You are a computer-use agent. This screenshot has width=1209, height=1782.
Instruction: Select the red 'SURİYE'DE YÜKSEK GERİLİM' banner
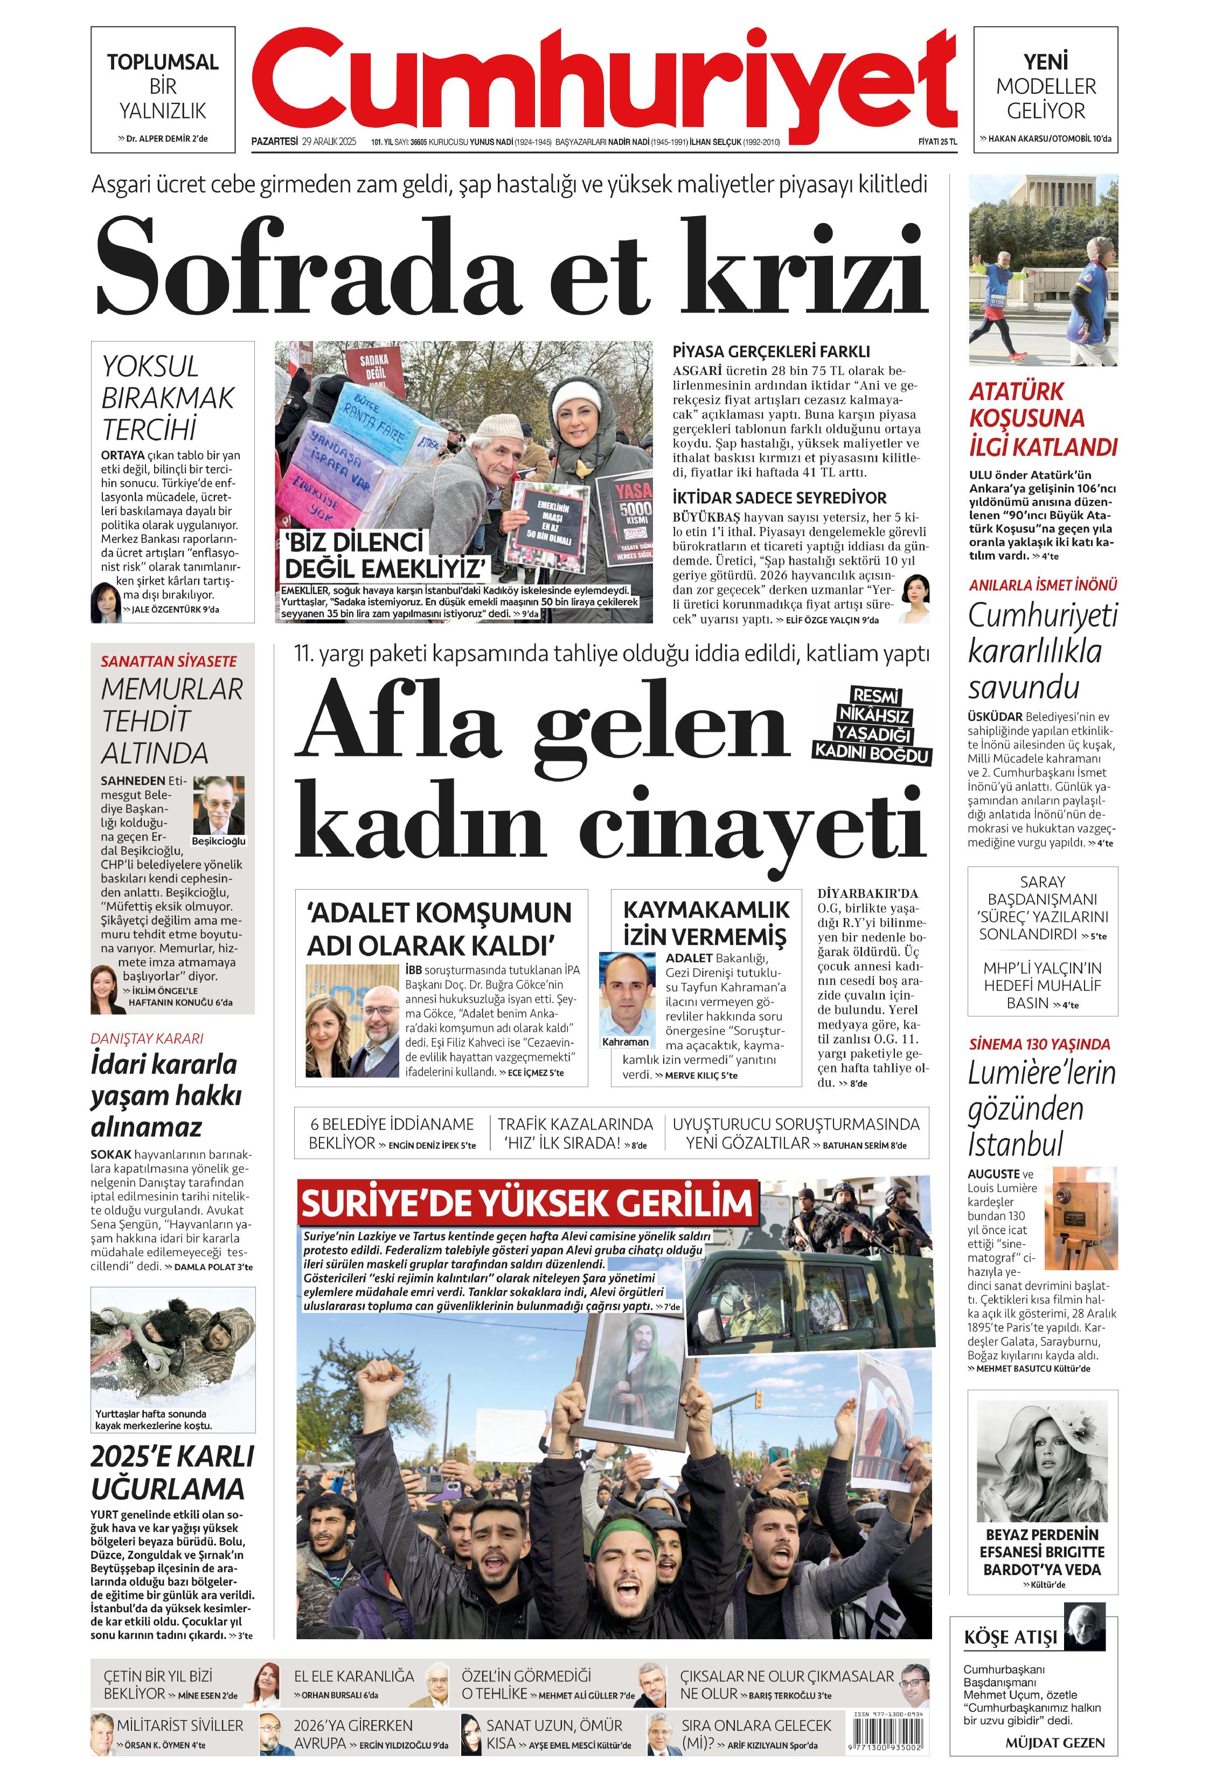tap(527, 1202)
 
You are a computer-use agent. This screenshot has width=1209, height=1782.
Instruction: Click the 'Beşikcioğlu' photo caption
tap(219, 841)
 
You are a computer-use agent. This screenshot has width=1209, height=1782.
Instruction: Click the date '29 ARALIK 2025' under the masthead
tap(330, 141)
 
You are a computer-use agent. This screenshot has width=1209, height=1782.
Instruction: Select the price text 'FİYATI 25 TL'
tap(937, 141)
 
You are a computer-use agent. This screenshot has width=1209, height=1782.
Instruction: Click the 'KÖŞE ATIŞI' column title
tap(1010, 1639)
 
